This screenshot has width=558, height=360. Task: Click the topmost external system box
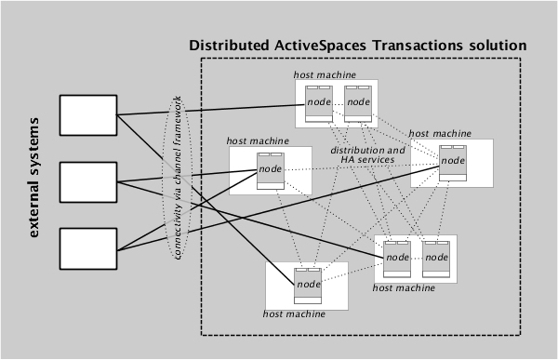click(x=86, y=113)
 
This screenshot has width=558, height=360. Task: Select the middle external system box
click(x=86, y=181)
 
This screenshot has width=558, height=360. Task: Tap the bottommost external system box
click(x=86, y=249)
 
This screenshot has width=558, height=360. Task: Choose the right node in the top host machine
click(x=358, y=101)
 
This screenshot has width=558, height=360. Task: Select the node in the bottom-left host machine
click(x=308, y=284)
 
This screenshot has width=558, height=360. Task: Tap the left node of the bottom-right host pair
click(x=397, y=258)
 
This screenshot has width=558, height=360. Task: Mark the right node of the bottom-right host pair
click(x=435, y=258)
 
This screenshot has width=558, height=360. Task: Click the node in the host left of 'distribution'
click(x=271, y=169)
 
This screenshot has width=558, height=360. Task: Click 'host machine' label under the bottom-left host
click(x=294, y=315)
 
